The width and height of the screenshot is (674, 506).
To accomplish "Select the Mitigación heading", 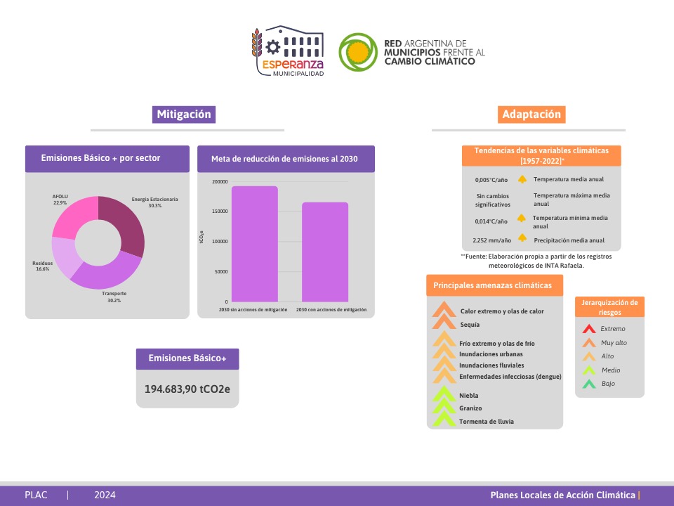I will (x=183, y=115).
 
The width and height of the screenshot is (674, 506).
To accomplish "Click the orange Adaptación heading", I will (x=531, y=115).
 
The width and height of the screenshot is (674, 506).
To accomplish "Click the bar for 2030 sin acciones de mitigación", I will (x=255, y=243).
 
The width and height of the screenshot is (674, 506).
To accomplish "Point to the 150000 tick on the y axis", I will (x=219, y=212).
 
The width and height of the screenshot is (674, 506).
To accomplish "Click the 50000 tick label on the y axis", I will (x=220, y=271).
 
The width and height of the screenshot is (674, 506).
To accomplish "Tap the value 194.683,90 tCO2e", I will (x=187, y=389).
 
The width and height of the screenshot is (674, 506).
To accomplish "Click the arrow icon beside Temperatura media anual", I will (x=522, y=179).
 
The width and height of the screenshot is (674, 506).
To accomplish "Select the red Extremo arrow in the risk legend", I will (x=590, y=329).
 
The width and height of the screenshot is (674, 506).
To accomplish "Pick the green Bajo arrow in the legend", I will (x=590, y=384).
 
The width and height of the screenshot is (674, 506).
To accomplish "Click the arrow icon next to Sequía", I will (x=444, y=323).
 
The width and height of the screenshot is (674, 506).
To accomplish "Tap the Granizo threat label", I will (x=470, y=408).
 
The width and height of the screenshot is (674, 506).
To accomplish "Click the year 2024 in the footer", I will (x=105, y=495).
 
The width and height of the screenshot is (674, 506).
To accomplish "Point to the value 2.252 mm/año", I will (x=491, y=240).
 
